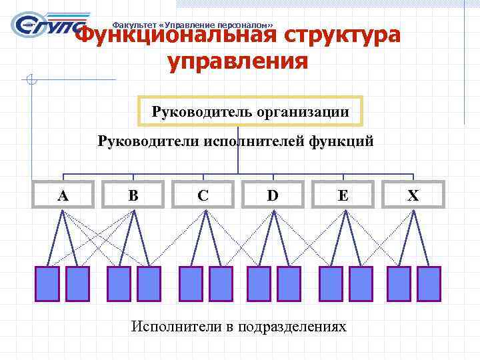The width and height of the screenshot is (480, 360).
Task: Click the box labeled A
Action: [x=63, y=195]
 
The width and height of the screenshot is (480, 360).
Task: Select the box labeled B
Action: [x=133, y=195]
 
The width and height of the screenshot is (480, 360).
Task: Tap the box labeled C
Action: [x=203, y=195]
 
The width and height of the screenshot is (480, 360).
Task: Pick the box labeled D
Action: [x=273, y=195]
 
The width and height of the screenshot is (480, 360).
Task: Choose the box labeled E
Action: [x=343, y=195]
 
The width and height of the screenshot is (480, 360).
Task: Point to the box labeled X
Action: [x=413, y=195]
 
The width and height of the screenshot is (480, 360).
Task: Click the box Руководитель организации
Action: [x=250, y=112]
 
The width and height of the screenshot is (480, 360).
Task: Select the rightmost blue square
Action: [x=428, y=284]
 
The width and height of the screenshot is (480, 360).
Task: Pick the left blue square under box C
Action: [x=191, y=284]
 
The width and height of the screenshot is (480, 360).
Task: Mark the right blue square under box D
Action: [x=289, y=284]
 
